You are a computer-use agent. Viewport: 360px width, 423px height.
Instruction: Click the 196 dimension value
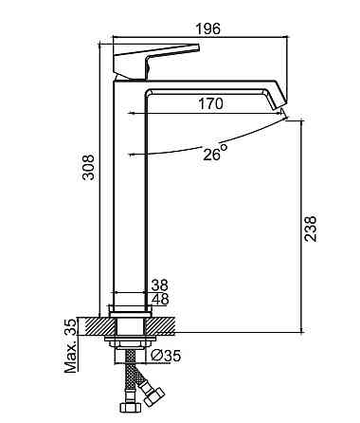point(208,28)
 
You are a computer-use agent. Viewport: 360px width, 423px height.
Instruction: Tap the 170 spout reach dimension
point(210,103)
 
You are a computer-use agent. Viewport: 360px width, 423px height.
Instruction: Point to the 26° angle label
point(215,152)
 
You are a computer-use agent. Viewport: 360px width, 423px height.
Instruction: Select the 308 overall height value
point(88,167)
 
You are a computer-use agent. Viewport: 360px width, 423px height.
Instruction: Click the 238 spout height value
point(311,229)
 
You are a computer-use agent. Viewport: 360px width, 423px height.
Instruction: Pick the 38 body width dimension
point(159,285)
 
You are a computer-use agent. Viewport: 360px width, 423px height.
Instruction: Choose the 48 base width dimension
point(160,299)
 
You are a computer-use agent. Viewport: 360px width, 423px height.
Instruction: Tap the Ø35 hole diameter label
point(166,356)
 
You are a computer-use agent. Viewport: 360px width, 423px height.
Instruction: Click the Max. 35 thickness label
point(70,345)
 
